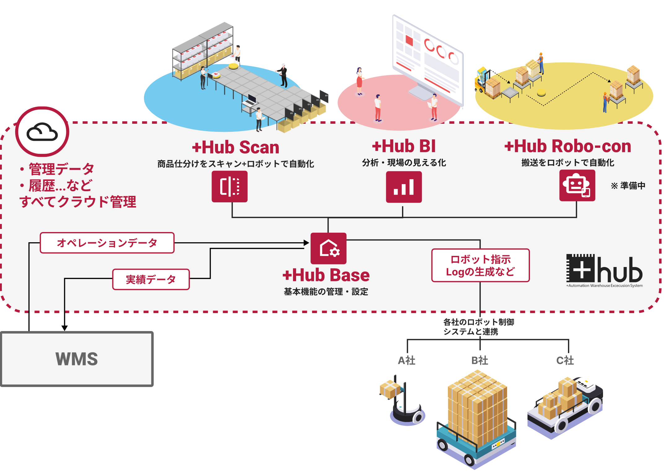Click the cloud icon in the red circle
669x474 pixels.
(x=42, y=132)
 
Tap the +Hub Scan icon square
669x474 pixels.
(x=230, y=187)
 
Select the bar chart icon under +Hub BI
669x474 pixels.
(x=404, y=187)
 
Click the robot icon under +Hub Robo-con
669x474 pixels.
(x=577, y=186)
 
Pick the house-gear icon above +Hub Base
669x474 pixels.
(x=328, y=248)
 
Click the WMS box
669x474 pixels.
(x=77, y=359)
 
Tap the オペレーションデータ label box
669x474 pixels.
(x=107, y=243)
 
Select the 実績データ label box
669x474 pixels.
(x=151, y=279)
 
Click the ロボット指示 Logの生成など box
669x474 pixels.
(x=480, y=265)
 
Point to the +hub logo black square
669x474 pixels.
(x=580, y=268)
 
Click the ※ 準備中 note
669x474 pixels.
(x=628, y=186)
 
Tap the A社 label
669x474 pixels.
(x=406, y=360)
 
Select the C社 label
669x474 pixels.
(x=565, y=360)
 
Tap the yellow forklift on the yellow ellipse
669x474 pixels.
(x=482, y=80)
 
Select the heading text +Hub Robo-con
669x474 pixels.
(x=567, y=146)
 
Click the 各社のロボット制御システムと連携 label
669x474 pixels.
(x=479, y=327)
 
